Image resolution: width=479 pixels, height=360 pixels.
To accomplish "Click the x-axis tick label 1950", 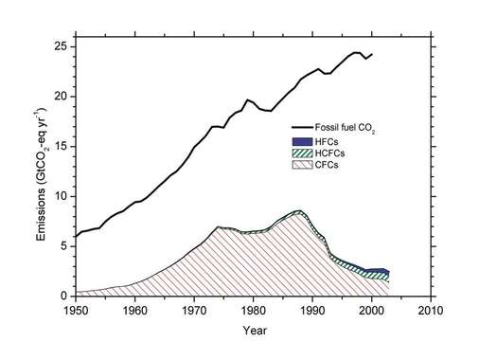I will click(x=75, y=310).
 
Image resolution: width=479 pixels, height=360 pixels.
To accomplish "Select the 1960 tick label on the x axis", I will click(x=134, y=310).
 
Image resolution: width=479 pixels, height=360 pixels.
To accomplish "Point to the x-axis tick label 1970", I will click(x=194, y=310).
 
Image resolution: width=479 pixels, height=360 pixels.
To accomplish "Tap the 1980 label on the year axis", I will click(x=253, y=310).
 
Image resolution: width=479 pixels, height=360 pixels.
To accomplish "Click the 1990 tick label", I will click(x=312, y=310).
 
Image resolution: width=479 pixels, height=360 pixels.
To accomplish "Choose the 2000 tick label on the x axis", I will click(x=371, y=310).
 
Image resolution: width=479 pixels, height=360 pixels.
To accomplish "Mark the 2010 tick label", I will click(x=431, y=310).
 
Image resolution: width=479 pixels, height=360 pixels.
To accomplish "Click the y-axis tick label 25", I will click(x=60, y=46).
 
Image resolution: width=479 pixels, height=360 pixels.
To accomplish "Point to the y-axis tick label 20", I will click(x=60, y=97).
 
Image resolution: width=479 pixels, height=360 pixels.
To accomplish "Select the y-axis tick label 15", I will click(x=60, y=147).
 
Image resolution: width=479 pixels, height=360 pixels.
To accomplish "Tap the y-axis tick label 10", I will click(x=60, y=196).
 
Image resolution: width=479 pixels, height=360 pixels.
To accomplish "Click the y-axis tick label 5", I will click(x=62, y=246).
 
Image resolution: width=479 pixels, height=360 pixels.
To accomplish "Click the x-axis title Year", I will click(x=253, y=330).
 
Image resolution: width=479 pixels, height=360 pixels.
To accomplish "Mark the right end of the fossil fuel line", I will click(x=372, y=54).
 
